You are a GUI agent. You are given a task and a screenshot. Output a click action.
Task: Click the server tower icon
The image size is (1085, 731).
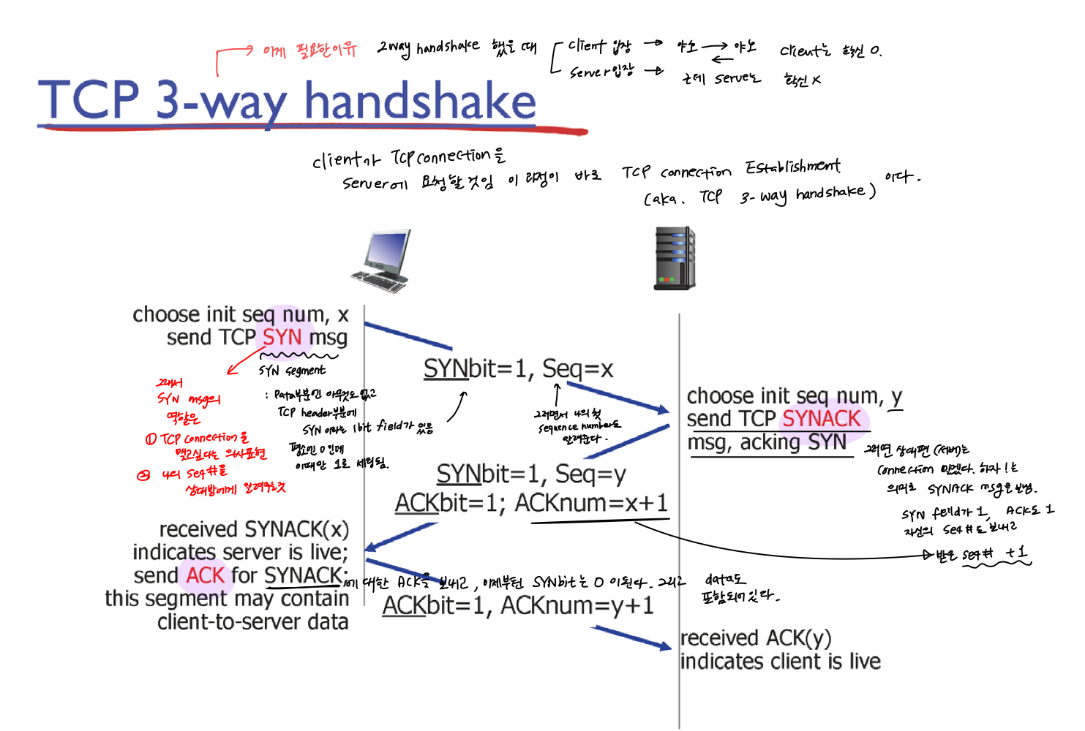(x=674, y=258)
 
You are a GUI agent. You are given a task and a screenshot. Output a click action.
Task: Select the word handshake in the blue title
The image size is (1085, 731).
(x=420, y=102)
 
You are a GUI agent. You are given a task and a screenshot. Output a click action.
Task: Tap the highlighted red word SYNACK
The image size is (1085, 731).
(x=822, y=419)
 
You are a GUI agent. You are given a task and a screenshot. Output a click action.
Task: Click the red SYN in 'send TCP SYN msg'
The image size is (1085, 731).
(x=282, y=337)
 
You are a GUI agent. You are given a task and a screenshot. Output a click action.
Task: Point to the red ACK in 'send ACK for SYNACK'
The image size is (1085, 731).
(x=206, y=575)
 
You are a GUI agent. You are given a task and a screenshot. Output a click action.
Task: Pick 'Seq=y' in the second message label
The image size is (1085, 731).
(x=590, y=474)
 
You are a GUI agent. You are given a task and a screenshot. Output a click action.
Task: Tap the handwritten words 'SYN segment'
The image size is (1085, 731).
(x=292, y=371)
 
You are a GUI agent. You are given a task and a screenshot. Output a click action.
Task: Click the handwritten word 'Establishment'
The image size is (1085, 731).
(x=792, y=167)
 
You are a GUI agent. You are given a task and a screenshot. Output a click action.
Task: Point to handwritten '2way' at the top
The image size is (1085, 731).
(x=394, y=48)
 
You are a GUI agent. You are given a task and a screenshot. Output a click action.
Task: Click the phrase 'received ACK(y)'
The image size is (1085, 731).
(x=756, y=638)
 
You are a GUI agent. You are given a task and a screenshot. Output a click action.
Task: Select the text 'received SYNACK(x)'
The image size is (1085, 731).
(x=254, y=529)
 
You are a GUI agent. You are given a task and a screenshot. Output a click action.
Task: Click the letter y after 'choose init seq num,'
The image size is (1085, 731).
(x=896, y=398)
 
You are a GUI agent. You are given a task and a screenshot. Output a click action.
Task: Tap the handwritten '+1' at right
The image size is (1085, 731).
(x=1016, y=553)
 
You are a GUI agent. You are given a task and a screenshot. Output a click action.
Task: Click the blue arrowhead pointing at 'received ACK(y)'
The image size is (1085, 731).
(x=664, y=645)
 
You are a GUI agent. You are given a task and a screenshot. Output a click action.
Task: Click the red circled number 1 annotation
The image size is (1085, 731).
(x=151, y=439)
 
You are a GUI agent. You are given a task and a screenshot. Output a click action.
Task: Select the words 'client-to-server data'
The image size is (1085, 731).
(x=252, y=622)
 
